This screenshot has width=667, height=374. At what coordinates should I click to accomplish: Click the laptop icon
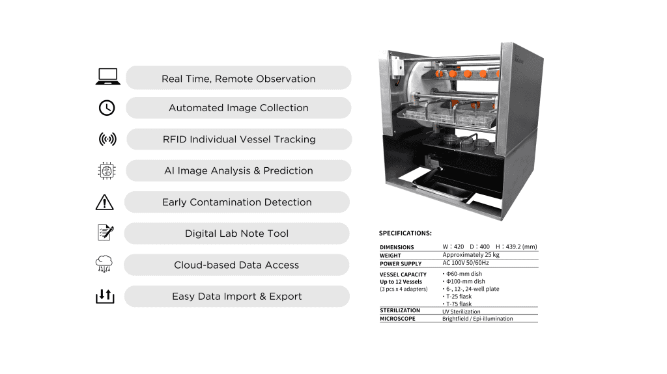click(x=108, y=77)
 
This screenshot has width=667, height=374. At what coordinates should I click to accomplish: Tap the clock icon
click(x=107, y=108)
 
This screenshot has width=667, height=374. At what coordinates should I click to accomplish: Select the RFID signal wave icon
click(x=107, y=139)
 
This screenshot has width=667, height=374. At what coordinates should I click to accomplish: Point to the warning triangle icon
click(x=105, y=202)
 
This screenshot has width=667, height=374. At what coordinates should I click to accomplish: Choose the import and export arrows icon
click(x=105, y=296)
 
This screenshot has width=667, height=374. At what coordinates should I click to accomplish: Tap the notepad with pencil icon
click(x=106, y=232)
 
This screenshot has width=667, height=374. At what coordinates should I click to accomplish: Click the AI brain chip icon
click(x=106, y=170)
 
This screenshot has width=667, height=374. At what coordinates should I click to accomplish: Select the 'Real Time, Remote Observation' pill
click(x=238, y=78)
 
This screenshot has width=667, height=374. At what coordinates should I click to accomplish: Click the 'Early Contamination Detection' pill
click(x=237, y=202)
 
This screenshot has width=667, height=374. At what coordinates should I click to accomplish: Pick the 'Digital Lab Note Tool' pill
click(x=237, y=234)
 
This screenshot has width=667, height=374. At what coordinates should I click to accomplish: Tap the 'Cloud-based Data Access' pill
click(x=236, y=265)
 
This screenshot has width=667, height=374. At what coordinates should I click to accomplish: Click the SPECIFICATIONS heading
click(x=405, y=234)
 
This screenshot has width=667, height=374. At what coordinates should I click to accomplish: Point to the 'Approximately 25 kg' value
click(x=471, y=254)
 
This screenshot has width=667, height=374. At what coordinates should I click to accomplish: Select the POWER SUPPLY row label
click(x=401, y=263)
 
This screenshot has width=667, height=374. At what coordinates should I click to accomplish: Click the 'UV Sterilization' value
click(x=461, y=312)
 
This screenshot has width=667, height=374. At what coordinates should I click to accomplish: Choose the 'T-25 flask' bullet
click(x=457, y=296)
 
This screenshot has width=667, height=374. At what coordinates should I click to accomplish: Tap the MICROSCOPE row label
click(x=397, y=318)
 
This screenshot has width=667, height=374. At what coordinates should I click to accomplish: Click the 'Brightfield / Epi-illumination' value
click(x=477, y=318)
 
